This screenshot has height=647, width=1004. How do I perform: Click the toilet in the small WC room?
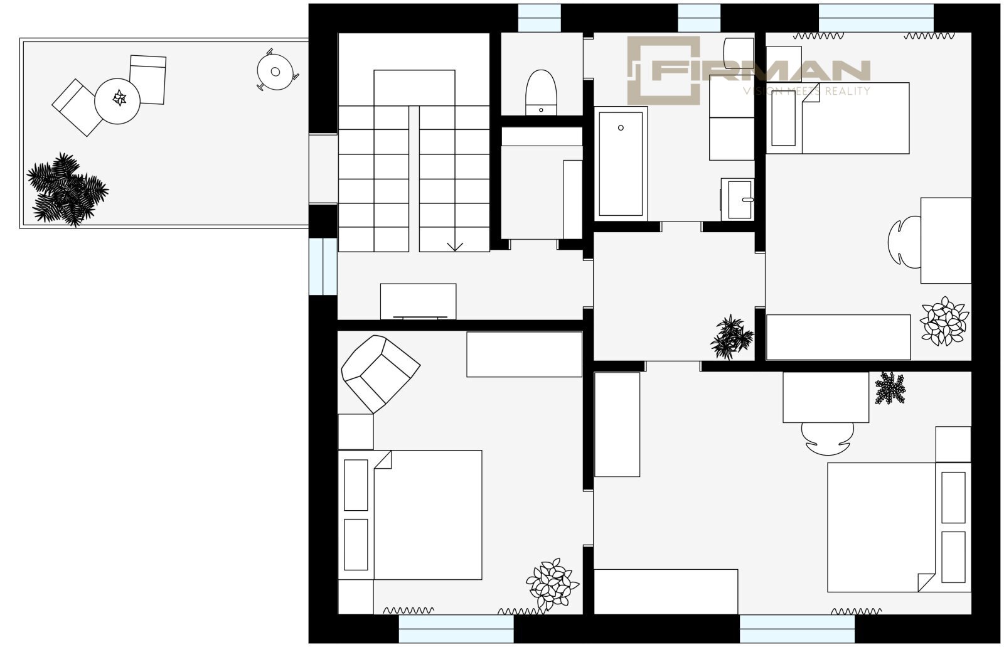[x=541, y=92]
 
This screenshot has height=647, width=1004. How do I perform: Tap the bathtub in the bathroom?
[x=621, y=164]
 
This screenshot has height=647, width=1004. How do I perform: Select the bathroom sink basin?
[x=738, y=200]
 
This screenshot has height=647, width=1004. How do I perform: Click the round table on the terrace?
[x=117, y=101]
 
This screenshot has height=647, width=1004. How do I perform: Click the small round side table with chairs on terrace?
[x=276, y=71]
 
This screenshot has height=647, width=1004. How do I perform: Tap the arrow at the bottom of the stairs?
[x=455, y=247]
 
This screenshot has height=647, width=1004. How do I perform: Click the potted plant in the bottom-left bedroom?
[x=552, y=584]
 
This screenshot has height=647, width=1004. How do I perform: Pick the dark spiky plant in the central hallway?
[x=732, y=337]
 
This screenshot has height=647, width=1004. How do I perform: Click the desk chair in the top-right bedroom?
[x=904, y=242]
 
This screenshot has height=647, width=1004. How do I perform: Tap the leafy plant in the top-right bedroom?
[x=944, y=321]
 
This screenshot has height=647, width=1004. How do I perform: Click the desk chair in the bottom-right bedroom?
[x=828, y=439]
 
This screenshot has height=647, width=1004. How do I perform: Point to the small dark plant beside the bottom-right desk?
[x=890, y=388]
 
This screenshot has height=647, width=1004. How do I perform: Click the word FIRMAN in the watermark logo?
[x=761, y=70]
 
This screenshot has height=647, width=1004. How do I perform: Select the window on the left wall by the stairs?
[x=323, y=266]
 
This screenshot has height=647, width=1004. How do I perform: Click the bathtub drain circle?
[x=621, y=128]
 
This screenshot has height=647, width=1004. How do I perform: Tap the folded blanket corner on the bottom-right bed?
[x=926, y=582]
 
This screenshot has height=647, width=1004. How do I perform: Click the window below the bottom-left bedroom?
[x=456, y=629]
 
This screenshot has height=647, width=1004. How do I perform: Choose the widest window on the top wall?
[x=876, y=18]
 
